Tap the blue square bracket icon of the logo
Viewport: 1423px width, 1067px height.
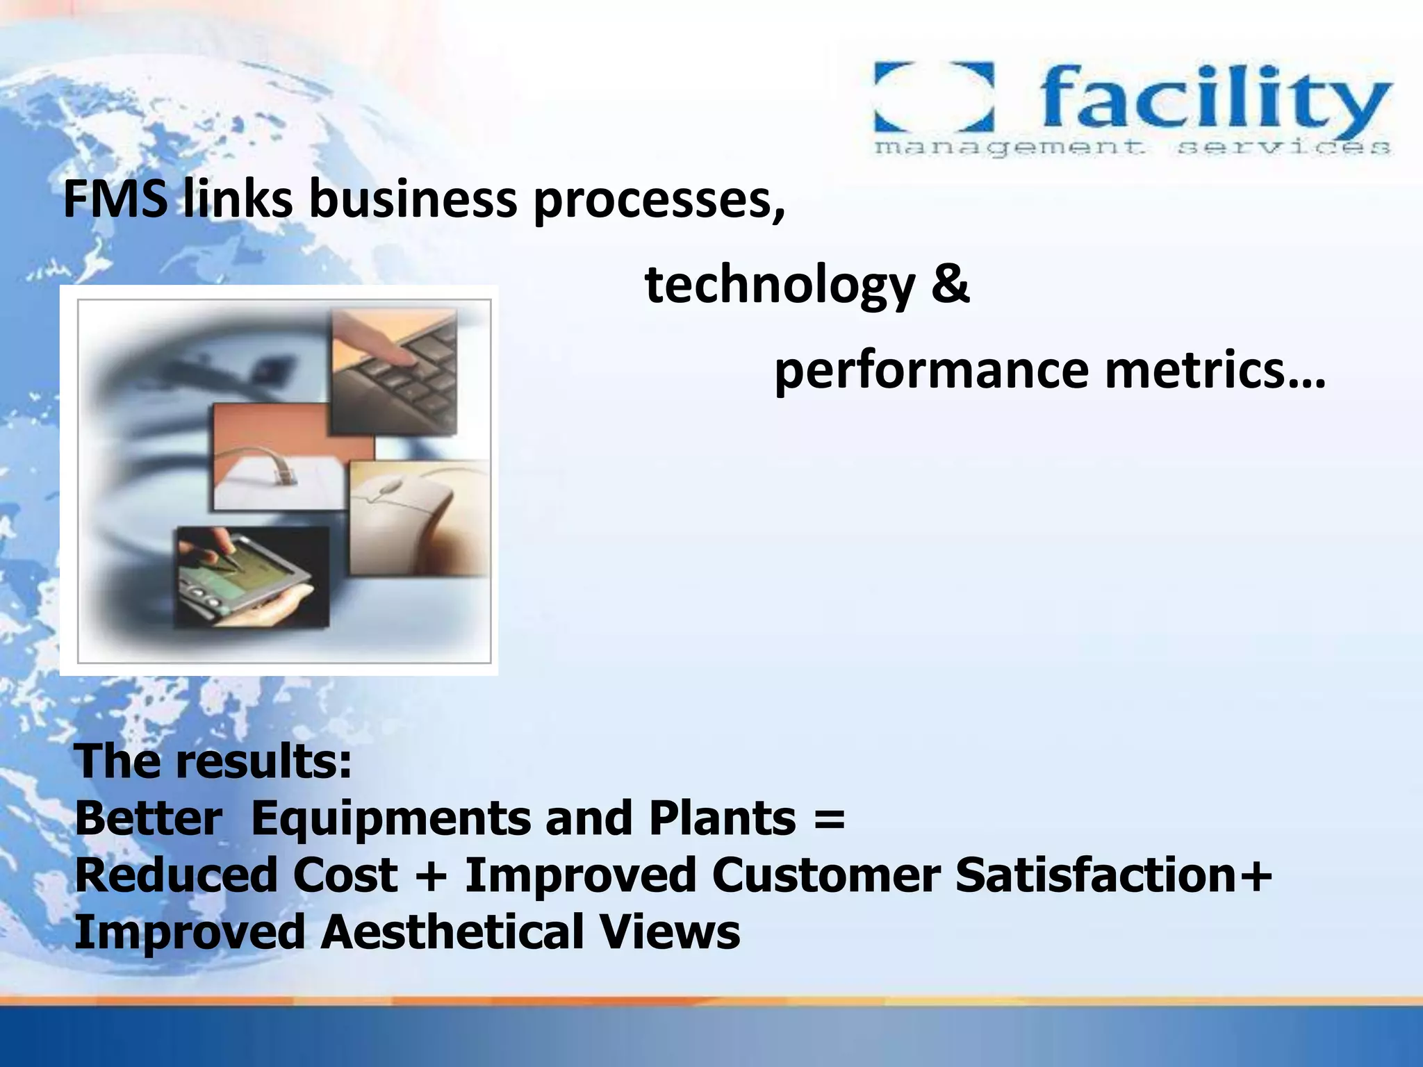pos(933,97)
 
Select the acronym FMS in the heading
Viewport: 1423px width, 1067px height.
pos(115,199)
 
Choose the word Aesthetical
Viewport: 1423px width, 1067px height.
pos(452,932)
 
